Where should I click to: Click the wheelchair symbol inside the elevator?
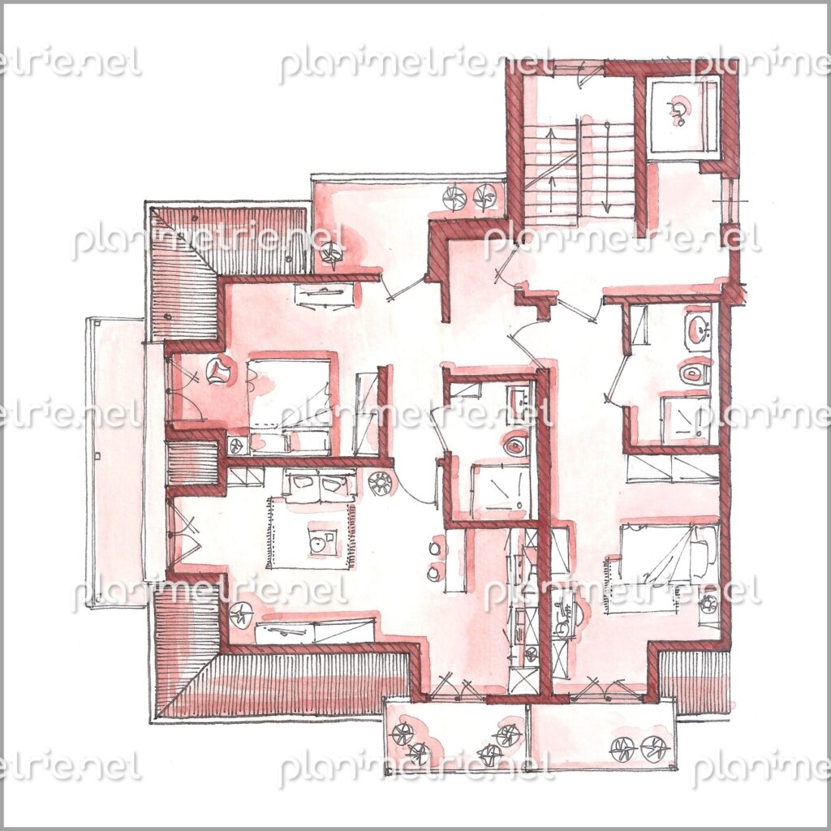coord(678,110)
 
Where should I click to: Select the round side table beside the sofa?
coord(380,484)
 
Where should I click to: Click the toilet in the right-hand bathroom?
coord(694,373)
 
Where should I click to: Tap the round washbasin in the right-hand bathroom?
coord(699,332)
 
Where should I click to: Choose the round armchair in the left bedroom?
coord(217,369)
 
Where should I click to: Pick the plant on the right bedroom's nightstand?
coord(708,604)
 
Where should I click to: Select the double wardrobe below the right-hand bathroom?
coord(672,468)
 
